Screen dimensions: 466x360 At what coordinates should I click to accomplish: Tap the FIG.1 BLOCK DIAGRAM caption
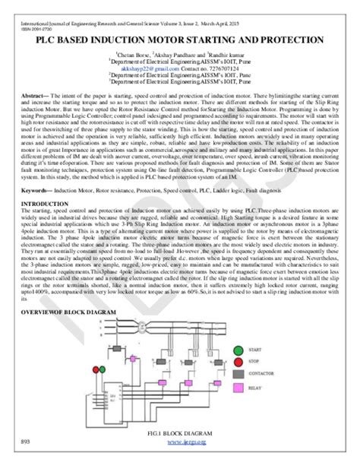click(x=180, y=432)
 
